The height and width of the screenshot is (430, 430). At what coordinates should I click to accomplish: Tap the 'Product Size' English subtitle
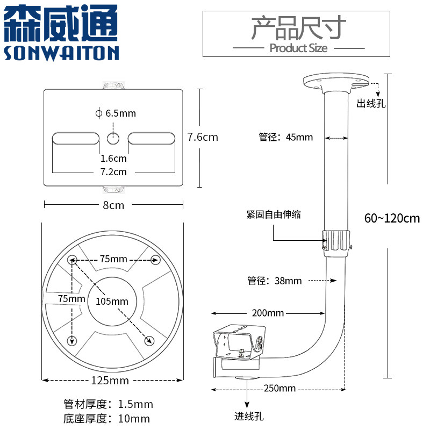point(298,48)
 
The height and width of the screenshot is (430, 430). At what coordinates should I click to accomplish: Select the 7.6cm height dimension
point(203,137)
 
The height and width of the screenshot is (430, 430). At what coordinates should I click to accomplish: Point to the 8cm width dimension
point(113,205)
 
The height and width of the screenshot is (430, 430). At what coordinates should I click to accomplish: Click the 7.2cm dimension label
point(113,172)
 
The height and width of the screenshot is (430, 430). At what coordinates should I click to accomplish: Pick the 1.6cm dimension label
point(113,159)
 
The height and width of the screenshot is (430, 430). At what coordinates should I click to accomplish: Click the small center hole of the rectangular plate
point(113,138)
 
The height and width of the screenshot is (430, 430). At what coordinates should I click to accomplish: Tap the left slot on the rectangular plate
point(76,138)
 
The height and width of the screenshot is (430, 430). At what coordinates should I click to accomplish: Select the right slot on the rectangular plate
point(151,138)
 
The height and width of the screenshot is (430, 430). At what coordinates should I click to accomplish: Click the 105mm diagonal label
point(112,301)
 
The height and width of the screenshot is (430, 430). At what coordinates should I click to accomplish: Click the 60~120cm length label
point(391,219)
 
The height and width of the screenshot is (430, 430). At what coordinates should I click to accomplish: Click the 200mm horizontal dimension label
point(267,313)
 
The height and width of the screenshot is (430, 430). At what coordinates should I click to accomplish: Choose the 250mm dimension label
point(280,388)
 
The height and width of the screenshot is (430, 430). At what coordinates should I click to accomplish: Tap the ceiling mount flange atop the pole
point(337,83)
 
